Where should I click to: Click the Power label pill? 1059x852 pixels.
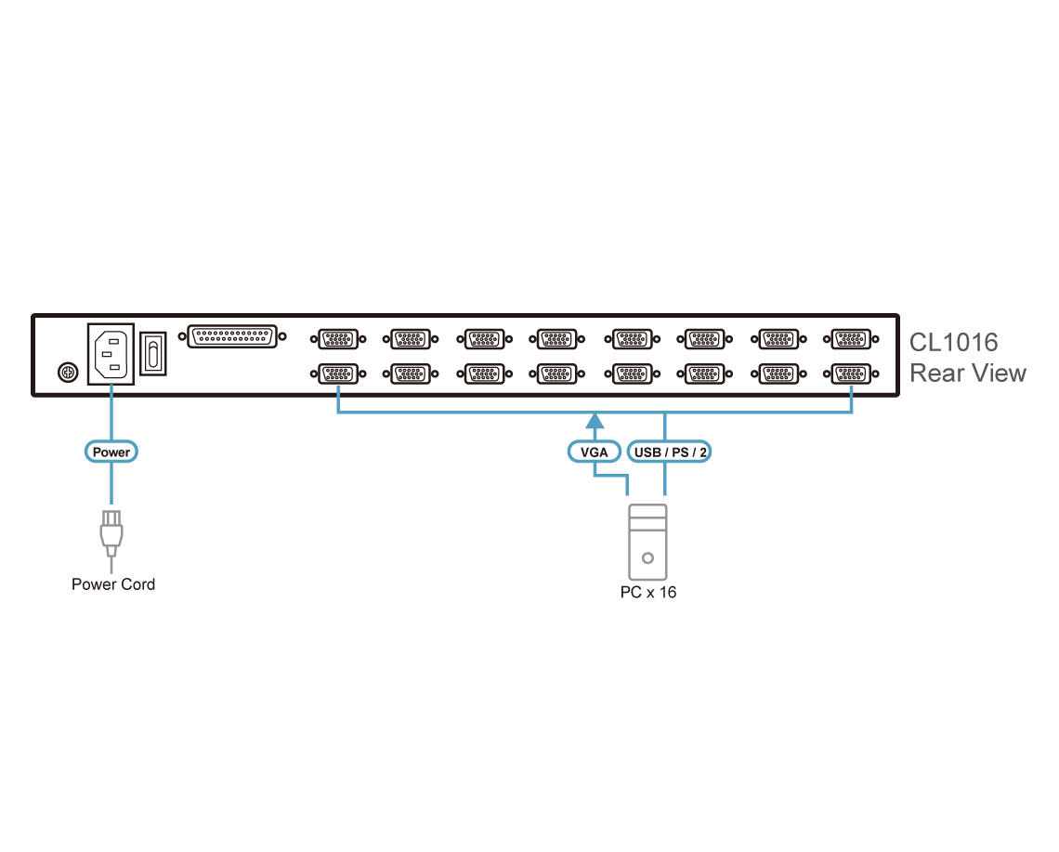point(111,452)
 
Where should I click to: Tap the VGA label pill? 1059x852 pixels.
point(593,452)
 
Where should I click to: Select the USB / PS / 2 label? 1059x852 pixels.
point(670,452)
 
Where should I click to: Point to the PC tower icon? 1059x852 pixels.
point(647,544)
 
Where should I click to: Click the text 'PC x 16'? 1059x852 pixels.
point(647,592)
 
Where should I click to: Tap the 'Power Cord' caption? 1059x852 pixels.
point(113,584)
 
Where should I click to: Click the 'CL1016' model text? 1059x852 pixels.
point(953,342)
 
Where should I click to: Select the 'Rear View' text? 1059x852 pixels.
point(967,374)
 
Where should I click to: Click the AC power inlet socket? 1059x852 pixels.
point(111,353)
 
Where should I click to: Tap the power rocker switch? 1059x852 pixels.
point(153,354)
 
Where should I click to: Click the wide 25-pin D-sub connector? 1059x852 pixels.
point(232,335)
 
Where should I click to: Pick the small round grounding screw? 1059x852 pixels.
point(66,372)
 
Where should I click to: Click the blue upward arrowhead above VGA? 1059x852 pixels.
point(593,423)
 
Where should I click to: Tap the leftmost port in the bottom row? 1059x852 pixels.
point(335,374)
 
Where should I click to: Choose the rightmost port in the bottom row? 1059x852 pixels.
point(851,374)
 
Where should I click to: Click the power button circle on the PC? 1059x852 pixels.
point(647,559)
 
